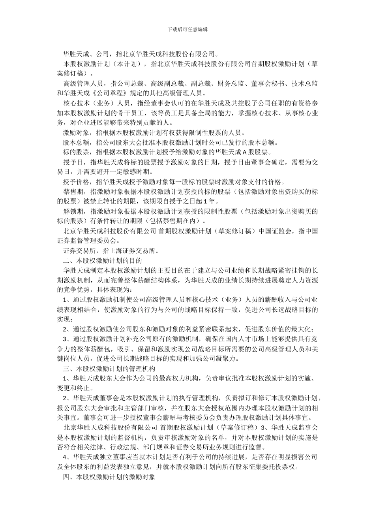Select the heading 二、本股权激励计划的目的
102,260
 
